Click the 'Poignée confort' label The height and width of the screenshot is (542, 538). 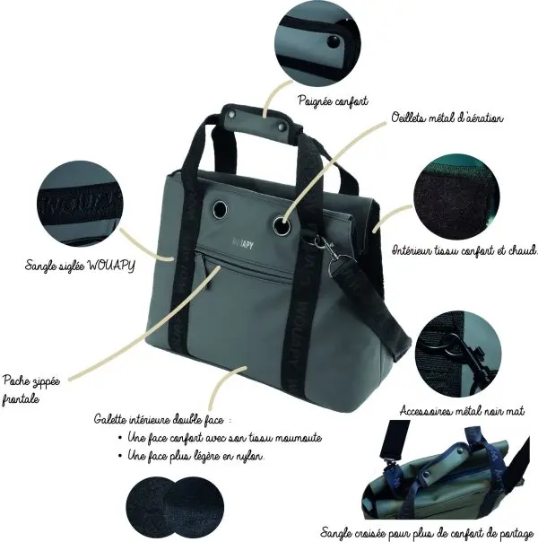click(x=332, y=102)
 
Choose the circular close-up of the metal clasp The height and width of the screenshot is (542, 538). click(x=462, y=352)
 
